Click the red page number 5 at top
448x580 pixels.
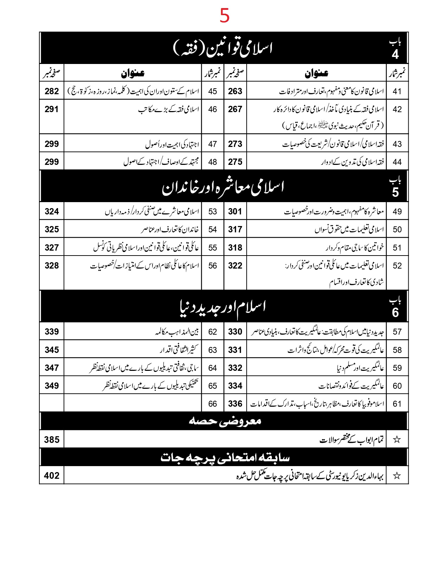pyautogui.click(x=225, y=16)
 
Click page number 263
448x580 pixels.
pyautogui.click(x=235, y=91)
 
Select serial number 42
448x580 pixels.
pyautogui.click(x=397, y=109)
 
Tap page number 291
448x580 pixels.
pyautogui.click(x=52, y=109)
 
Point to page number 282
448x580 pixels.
pyautogui.click(x=52, y=91)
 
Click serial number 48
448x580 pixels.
pyautogui.click(x=213, y=162)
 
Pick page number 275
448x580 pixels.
pyautogui.click(x=235, y=162)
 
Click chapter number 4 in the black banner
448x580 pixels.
pyautogui.click(x=395, y=54)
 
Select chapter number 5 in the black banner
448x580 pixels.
pyautogui.click(x=395, y=192)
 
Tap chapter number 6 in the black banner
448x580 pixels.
pyautogui.click(x=395, y=312)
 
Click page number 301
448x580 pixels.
pyautogui.click(x=235, y=212)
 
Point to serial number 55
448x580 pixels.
pyautogui.click(x=213, y=248)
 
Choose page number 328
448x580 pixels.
pyautogui.click(x=52, y=266)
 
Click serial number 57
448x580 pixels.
pyautogui.click(x=397, y=332)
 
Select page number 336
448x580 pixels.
pyautogui.click(x=235, y=404)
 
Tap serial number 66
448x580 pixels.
pyautogui.click(x=213, y=404)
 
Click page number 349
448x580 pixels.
pyautogui.click(x=52, y=386)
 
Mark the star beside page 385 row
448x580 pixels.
pyautogui.click(x=397, y=439)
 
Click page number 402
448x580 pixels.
pyautogui.click(x=52, y=476)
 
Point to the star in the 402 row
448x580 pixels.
pyautogui.click(x=397, y=476)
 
